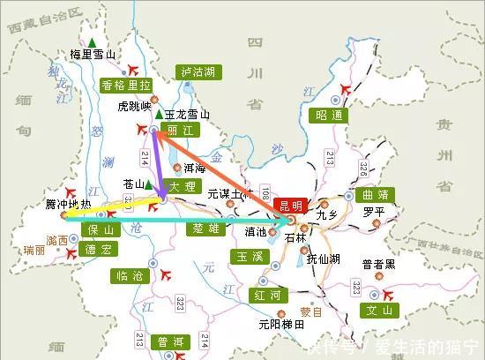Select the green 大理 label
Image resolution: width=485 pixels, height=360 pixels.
176,186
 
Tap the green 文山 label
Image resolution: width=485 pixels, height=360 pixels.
382,310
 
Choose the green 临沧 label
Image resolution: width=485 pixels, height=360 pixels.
130,275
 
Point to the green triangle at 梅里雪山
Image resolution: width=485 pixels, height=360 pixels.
93,42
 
